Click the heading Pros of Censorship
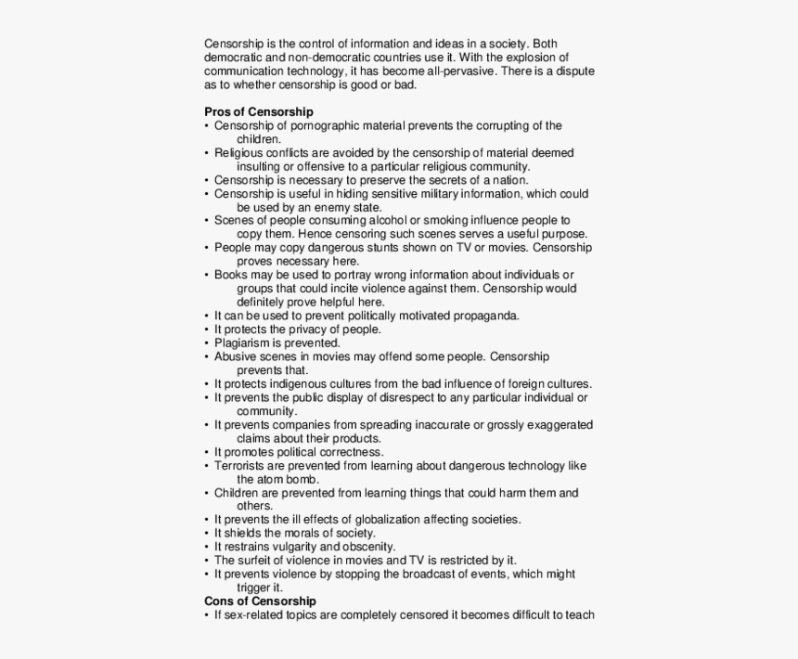259,111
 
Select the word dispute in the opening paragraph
574,71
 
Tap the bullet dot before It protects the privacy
207,329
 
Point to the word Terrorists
240,465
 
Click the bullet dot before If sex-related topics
207,615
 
